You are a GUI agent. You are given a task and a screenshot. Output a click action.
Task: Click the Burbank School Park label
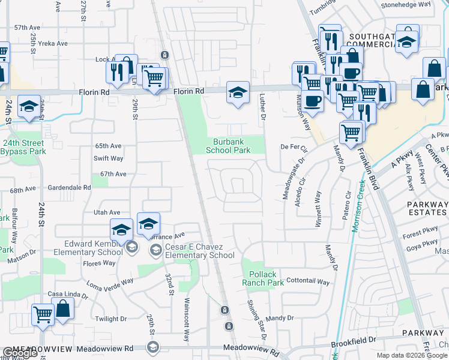pyautogui.click(x=228, y=146)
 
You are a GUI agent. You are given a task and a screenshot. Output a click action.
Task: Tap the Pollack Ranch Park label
pyautogui.click(x=263, y=278)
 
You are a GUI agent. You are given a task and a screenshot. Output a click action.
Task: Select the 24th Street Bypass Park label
pyautogui.click(x=24, y=147)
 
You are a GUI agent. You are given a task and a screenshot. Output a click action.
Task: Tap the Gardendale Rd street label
pyautogui.click(x=70, y=187)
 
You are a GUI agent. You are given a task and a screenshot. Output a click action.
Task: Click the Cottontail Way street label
pyautogui.click(x=308, y=281)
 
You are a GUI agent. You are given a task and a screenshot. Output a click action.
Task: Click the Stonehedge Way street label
pyautogui.click(x=406, y=4)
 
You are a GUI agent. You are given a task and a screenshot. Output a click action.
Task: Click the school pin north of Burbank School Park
pyautogui.click(x=238, y=92)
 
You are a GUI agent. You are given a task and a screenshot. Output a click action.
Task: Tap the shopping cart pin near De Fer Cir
pyautogui.click(x=351, y=132)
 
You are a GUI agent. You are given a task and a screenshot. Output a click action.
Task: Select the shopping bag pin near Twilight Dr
pyautogui.click(x=63, y=310)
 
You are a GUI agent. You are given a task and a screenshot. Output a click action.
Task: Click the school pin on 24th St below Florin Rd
pyautogui.click(x=29, y=106)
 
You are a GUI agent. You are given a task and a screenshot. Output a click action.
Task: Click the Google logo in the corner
pyautogui.click(x=20, y=353)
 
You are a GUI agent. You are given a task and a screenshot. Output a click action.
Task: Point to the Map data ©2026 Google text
pyautogui.click(x=412, y=355)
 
